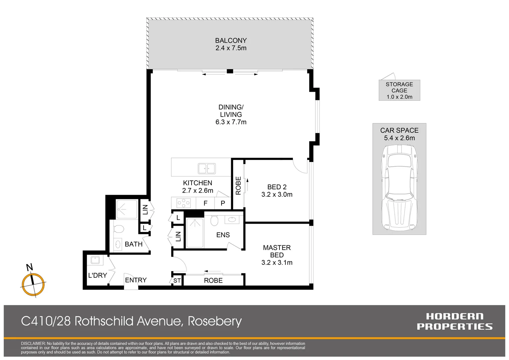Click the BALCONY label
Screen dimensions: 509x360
pyautogui.click(x=231, y=40)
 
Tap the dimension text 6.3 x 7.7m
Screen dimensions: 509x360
pyautogui.click(x=231, y=122)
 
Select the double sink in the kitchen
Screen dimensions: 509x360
pyautogui.click(x=207, y=169)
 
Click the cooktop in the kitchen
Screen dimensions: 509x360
pyautogui.click(x=184, y=203)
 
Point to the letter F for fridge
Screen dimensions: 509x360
pyautogui.click(x=206, y=203)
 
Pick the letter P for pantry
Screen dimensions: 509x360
pyautogui.click(x=223, y=203)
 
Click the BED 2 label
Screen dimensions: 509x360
pyautogui.click(x=277, y=187)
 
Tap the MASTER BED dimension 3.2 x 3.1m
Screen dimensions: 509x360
pyautogui.click(x=277, y=262)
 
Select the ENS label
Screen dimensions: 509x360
pyautogui.click(x=223, y=235)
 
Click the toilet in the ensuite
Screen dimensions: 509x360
pyautogui.click(x=214, y=220)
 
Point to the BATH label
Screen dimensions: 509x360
pyautogui.click(x=134, y=244)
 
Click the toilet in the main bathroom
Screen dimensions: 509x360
pyautogui.click(x=118, y=229)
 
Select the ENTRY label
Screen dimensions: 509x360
pyautogui.click(x=136, y=280)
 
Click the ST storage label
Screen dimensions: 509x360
pyautogui.click(x=177, y=281)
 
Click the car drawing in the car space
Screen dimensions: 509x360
pyautogui.click(x=399, y=187)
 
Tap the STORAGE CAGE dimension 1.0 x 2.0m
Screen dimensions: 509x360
pyautogui.click(x=399, y=97)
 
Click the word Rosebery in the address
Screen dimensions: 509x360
pyautogui.click(x=215, y=321)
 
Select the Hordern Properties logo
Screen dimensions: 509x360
pyautogui.click(x=455, y=321)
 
